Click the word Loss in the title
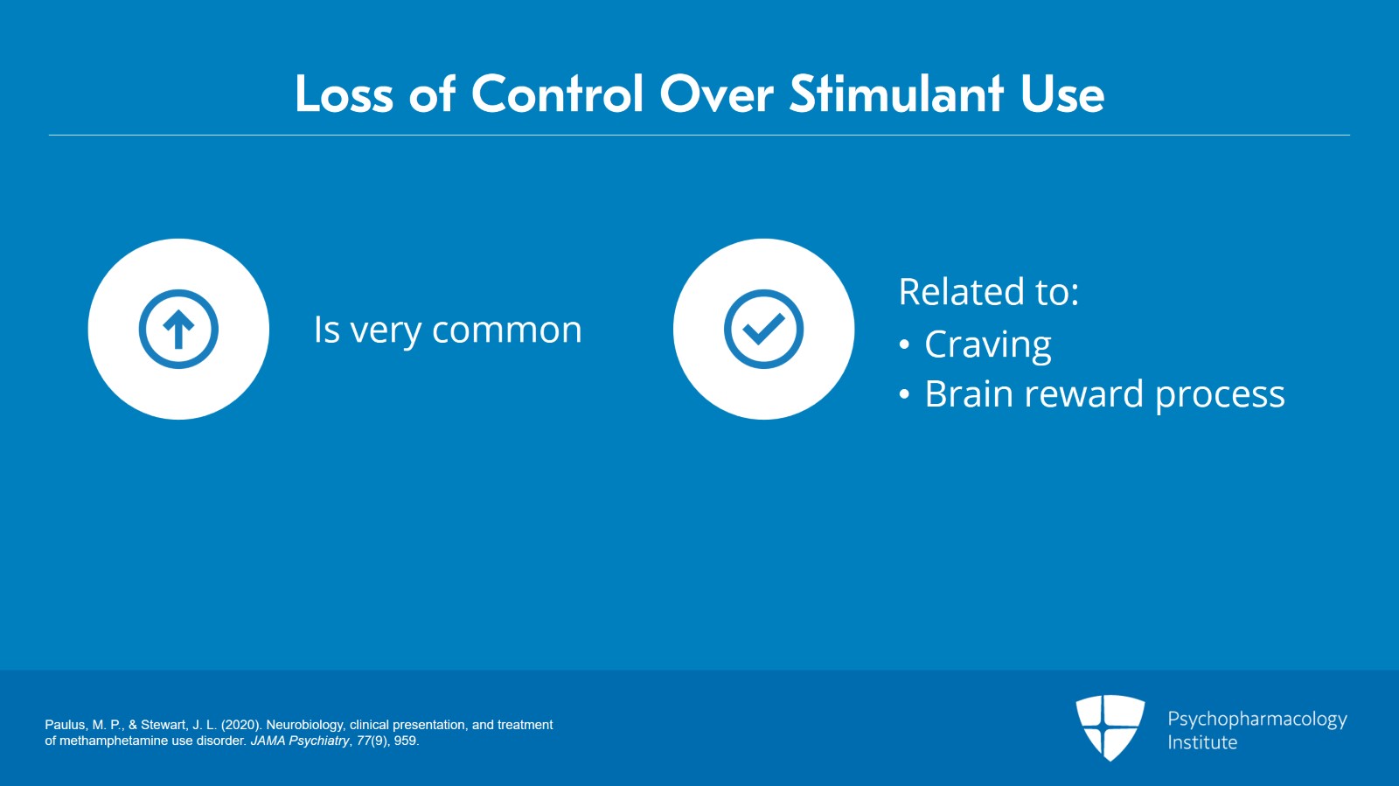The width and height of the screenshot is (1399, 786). tap(344, 94)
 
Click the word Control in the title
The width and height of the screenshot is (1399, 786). tap(558, 94)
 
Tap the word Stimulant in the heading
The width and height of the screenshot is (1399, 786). tap(895, 94)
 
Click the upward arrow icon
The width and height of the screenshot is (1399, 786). tap(178, 330)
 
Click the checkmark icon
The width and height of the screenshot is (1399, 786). tap(763, 330)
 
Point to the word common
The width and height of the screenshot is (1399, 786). tap(506, 330)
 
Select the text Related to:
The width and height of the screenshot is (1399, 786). tap(988, 292)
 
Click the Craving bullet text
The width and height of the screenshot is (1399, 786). tap(987, 345)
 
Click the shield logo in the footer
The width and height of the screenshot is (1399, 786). tap(1110, 727)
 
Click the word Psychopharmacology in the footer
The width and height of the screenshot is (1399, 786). tap(1256, 720)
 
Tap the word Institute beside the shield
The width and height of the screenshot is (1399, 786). tap(1202, 743)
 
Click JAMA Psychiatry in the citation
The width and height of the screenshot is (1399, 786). tap(300, 741)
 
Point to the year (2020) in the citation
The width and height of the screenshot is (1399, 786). tap(240, 725)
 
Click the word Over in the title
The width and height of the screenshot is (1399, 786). tap(716, 94)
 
